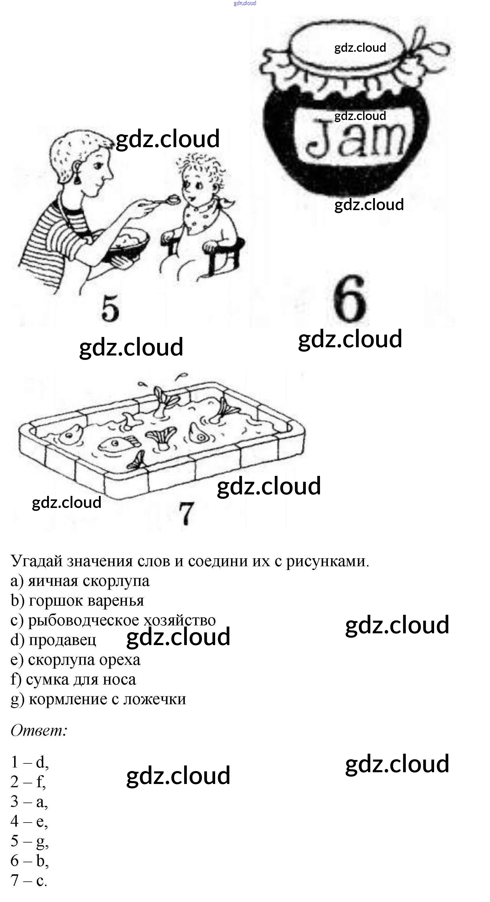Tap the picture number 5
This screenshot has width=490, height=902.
(110, 308)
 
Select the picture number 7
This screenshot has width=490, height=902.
(186, 513)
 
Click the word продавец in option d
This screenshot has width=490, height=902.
(62, 640)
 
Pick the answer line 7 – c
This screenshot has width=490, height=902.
(29, 880)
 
